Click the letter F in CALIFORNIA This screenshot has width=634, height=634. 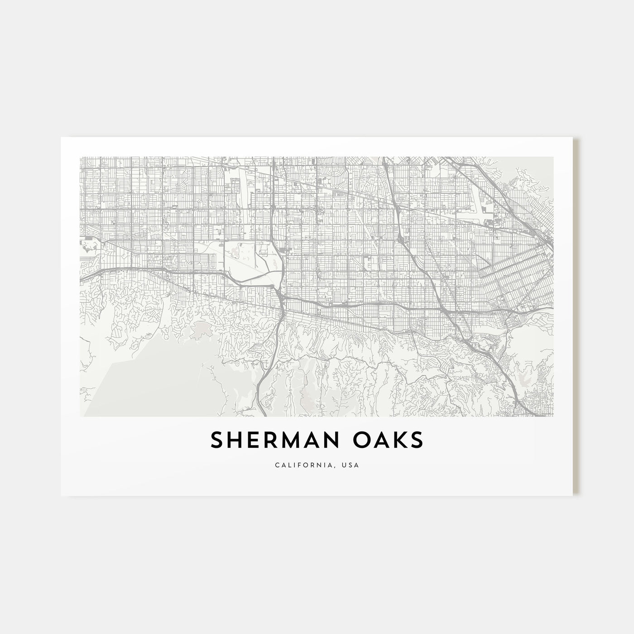pos(305,465)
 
